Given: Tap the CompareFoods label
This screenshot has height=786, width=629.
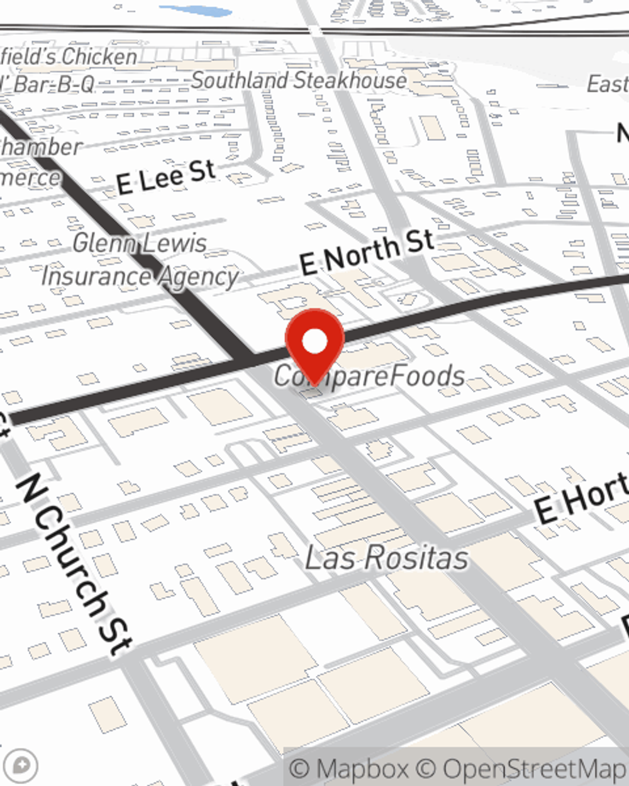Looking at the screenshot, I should [370, 376].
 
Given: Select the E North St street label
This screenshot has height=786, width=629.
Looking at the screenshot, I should [367, 253].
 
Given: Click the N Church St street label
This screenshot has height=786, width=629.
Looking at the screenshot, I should [74, 563].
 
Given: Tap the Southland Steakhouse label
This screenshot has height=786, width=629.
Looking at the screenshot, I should [299, 80].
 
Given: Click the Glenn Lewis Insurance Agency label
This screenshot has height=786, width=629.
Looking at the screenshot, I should [140, 260].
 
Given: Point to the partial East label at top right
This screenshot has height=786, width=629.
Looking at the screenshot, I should [607, 84].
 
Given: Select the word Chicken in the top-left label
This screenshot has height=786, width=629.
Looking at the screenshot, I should [100, 57].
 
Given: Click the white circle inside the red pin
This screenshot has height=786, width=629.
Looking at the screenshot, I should [314, 341].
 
